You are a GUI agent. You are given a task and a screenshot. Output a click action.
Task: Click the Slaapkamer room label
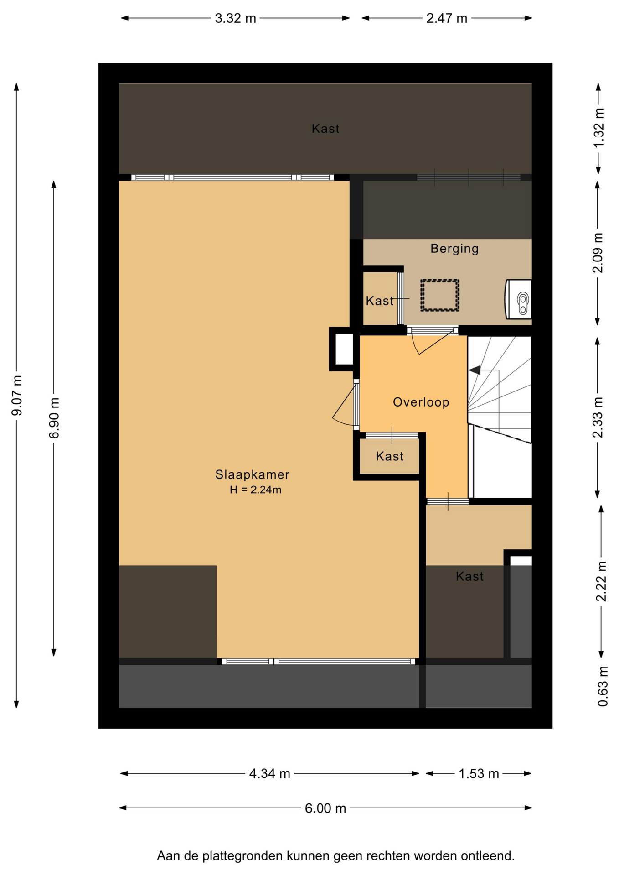(252, 474)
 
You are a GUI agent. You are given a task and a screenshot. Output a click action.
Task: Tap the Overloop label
(421, 402)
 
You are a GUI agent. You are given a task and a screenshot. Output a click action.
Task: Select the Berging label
(454, 249)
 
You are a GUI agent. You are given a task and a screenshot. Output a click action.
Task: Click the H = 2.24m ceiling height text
(255, 490)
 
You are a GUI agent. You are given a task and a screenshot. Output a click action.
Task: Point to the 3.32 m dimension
(235, 18)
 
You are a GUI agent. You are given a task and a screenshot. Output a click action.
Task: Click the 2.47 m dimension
(447, 18)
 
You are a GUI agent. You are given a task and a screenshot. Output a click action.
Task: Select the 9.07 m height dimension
(17, 396)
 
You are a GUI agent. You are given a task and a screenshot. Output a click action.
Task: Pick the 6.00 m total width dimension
(325, 808)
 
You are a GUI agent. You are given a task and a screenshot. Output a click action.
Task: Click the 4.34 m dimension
(269, 773)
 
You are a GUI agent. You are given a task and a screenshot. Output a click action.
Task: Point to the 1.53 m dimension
(479, 773)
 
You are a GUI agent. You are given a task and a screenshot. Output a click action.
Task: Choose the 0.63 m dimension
(603, 686)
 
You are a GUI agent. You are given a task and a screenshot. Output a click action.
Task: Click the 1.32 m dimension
(598, 128)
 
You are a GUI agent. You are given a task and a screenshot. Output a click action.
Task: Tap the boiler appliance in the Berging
(518, 299)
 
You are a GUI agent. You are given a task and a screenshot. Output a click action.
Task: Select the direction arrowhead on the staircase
(475, 370)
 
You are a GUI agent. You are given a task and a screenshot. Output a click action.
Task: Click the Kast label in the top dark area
(325, 129)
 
